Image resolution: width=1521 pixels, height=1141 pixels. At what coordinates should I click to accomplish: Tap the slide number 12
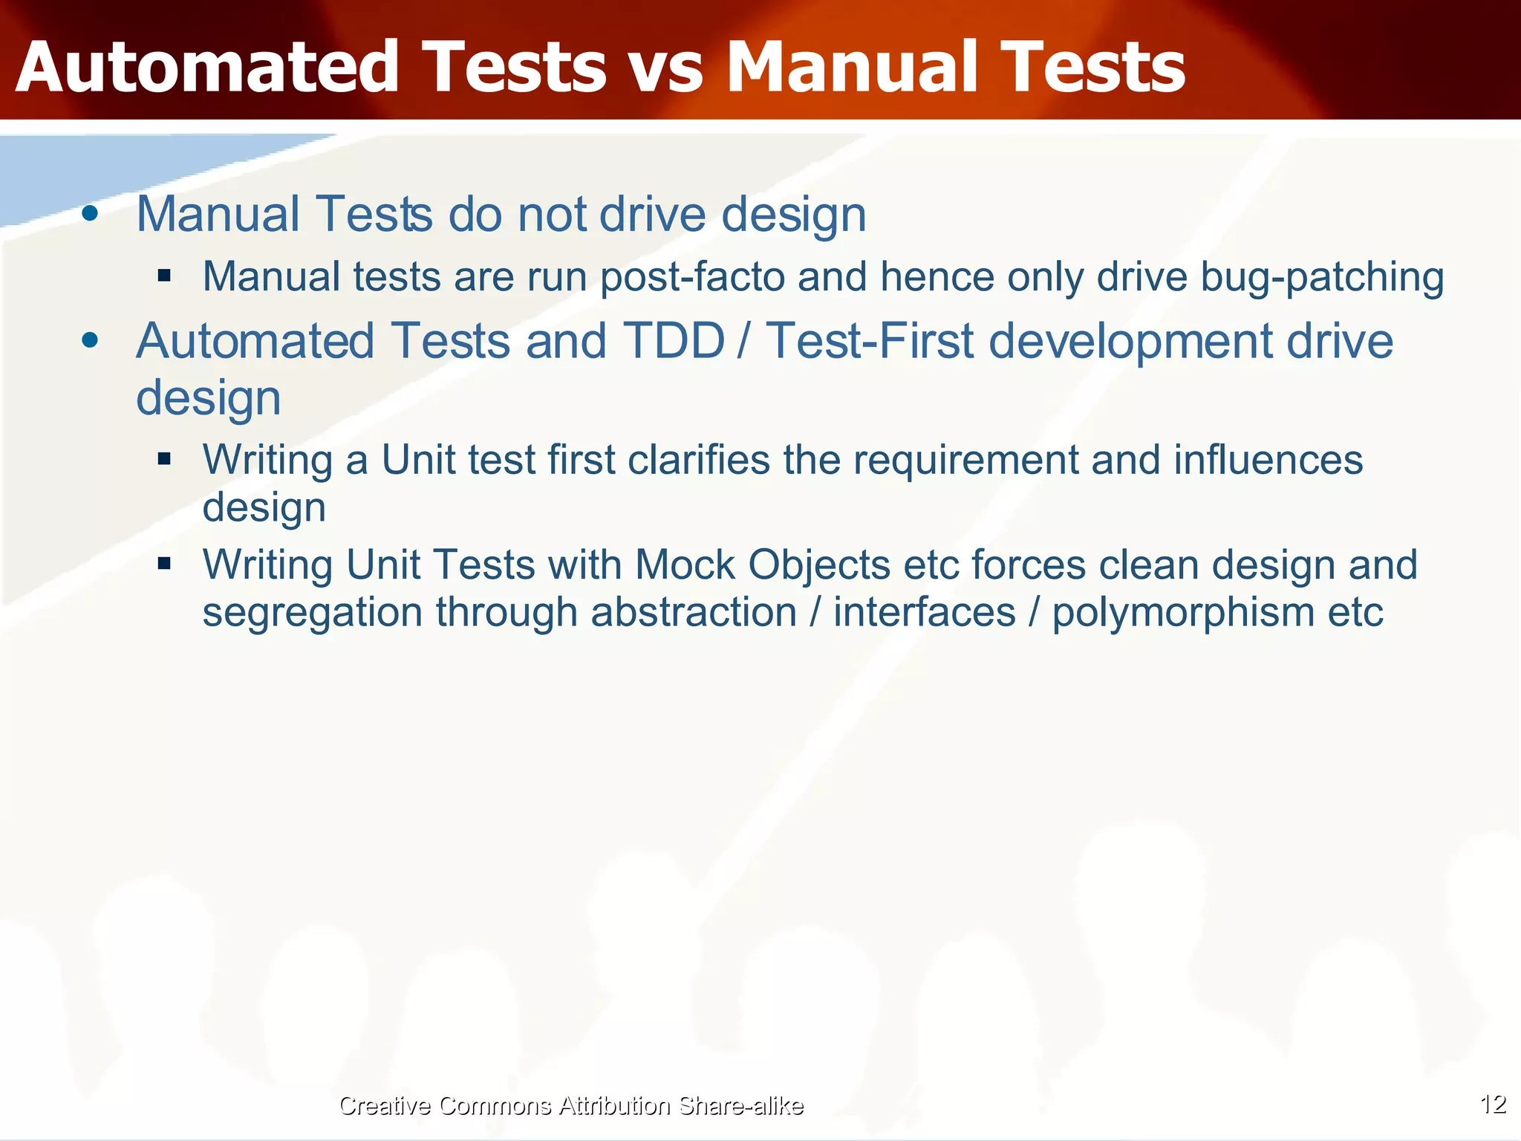click(1493, 1104)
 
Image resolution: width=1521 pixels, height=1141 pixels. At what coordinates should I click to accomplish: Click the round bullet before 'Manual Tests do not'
click(90, 214)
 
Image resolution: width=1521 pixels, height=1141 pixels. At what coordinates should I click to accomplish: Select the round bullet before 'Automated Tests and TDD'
click(90, 340)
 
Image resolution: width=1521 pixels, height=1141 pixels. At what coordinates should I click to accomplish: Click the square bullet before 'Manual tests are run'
click(164, 276)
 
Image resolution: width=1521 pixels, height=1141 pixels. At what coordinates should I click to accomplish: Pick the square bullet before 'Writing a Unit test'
click(164, 458)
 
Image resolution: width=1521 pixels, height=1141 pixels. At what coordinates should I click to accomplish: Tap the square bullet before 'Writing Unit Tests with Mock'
click(164, 564)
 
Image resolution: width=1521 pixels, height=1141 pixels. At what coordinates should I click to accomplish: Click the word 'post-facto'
click(692, 276)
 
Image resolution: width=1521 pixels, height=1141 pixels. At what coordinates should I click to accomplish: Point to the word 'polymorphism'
click(1183, 612)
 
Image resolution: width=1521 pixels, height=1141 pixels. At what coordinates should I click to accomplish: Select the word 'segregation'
click(312, 614)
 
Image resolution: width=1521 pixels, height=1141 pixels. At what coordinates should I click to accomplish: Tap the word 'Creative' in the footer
click(384, 1105)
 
